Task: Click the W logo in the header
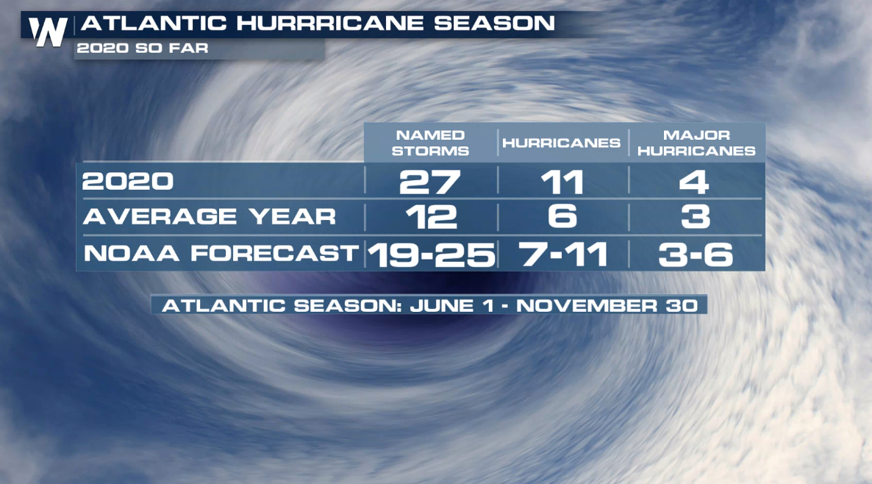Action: pyautogui.click(x=48, y=32)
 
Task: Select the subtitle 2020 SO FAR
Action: pyautogui.click(x=143, y=49)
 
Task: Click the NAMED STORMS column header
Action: pyautogui.click(x=430, y=143)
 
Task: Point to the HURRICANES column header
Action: pyautogui.click(x=561, y=143)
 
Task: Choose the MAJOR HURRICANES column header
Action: pyautogui.click(x=696, y=143)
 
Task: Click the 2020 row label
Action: pyautogui.click(x=128, y=182)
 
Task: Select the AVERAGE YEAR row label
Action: pyautogui.click(x=209, y=216)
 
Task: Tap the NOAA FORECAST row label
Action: pyautogui.click(x=221, y=253)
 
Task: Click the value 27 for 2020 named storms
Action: pyautogui.click(x=430, y=182)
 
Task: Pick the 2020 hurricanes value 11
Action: pyautogui.click(x=562, y=182)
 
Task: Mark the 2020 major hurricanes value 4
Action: pyautogui.click(x=694, y=182)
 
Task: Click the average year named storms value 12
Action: pyautogui.click(x=432, y=217)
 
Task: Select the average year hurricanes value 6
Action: pyautogui.click(x=562, y=216)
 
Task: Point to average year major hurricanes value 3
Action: pyautogui.click(x=696, y=216)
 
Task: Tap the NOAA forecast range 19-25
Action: pyautogui.click(x=431, y=255)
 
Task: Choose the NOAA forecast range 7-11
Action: pyautogui.click(x=562, y=255)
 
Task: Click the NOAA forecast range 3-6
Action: pyautogui.click(x=696, y=255)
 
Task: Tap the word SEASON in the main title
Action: pyautogui.click(x=494, y=24)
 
